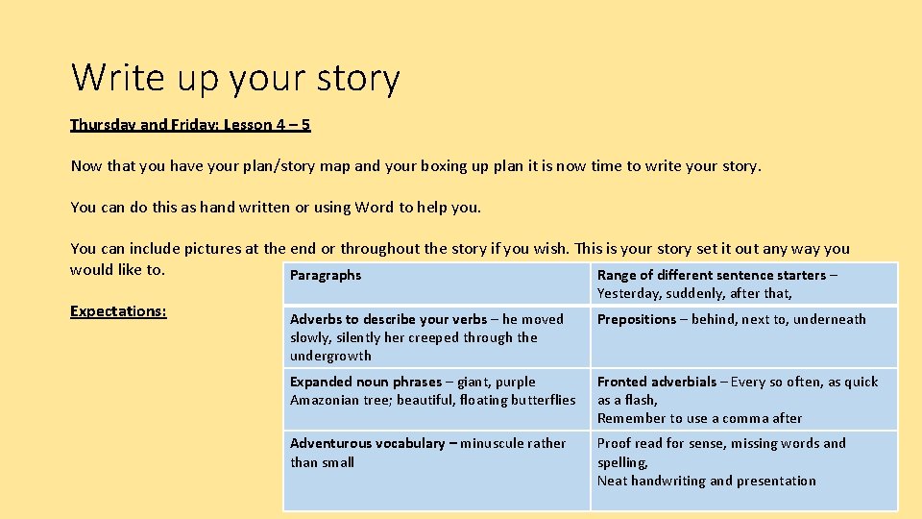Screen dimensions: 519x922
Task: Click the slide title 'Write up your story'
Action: click(x=235, y=78)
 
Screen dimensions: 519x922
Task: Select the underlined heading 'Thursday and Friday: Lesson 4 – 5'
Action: click(x=190, y=125)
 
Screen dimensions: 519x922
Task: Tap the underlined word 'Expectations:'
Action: click(x=118, y=311)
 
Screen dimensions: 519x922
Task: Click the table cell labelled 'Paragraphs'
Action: click(x=326, y=276)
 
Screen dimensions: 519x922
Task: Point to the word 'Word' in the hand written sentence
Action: click(x=375, y=208)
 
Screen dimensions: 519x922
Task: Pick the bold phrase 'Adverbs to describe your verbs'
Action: click(x=388, y=319)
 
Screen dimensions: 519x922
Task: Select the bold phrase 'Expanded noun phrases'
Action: click(x=365, y=382)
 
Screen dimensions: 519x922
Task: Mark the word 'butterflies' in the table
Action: click(x=541, y=400)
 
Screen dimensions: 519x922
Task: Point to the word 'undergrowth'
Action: click(x=331, y=356)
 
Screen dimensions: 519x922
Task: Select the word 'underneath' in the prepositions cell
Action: click(x=832, y=319)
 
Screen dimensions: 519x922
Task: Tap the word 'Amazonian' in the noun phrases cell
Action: click(x=325, y=400)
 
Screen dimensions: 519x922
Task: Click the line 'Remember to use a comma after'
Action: click(x=699, y=418)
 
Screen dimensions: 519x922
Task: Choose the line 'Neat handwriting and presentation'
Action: click(x=707, y=481)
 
